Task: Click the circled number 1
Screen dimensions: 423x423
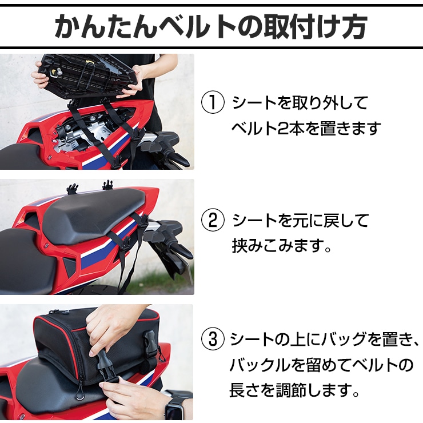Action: (213, 102)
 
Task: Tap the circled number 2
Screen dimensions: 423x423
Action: (213, 221)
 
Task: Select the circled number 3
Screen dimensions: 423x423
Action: (213, 339)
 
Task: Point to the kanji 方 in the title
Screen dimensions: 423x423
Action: (354, 26)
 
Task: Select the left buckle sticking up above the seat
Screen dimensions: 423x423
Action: (72, 188)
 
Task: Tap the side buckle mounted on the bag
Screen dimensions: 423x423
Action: (150, 343)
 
